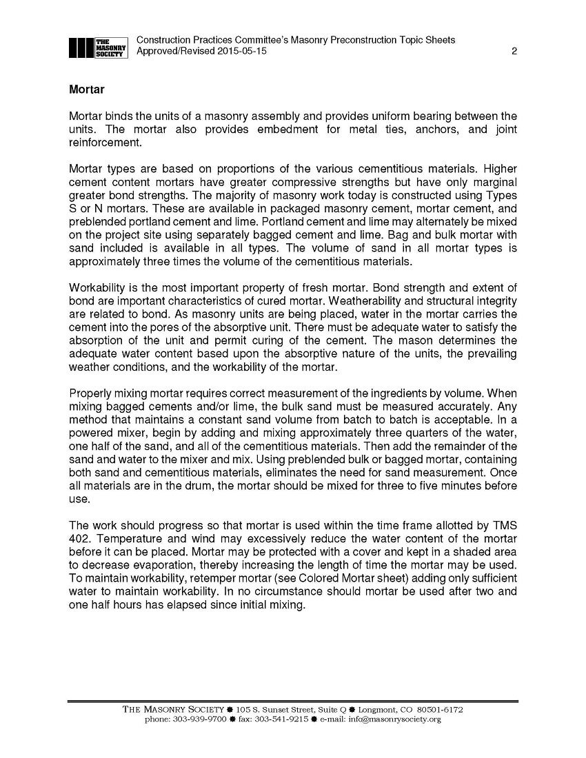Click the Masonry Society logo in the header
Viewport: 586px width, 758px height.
pyautogui.click(x=99, y=47)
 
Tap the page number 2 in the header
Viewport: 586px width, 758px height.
pyautogui.click(x=514, y=52)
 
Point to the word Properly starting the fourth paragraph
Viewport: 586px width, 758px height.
pyautogui.click(x=92, y=393)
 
